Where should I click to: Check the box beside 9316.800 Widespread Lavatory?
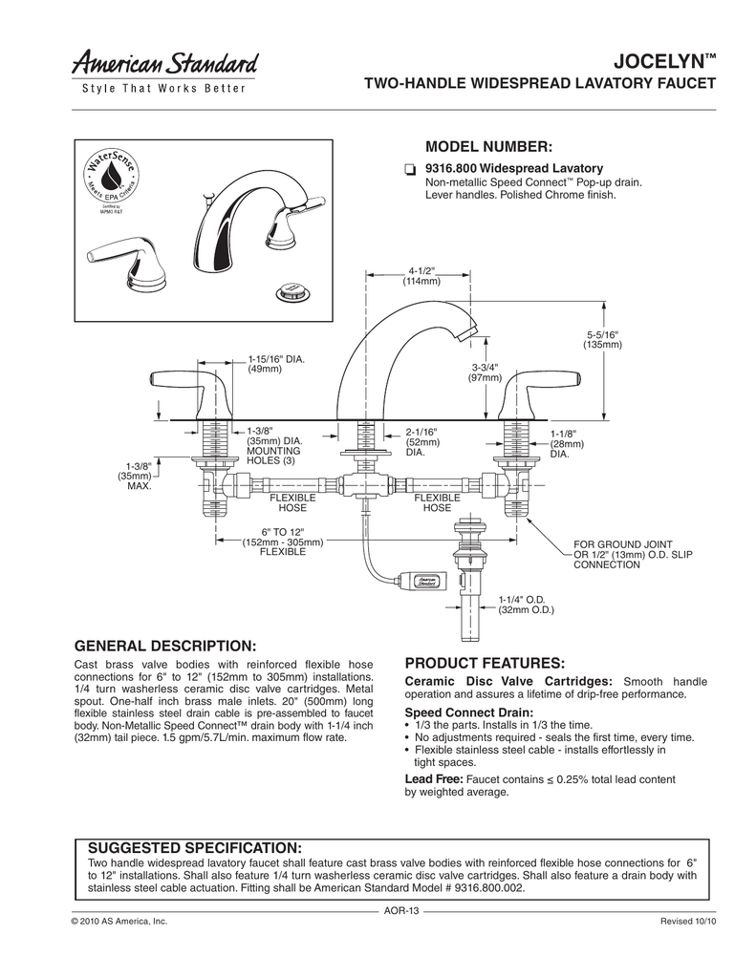click(x=409, y=169)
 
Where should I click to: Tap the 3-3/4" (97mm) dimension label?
click(x=486, y=372)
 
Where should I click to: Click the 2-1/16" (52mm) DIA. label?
click(x=421, y=441)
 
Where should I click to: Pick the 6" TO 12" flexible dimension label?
click(x=282, y=542)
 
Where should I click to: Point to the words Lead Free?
click(x=435, y=779)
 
